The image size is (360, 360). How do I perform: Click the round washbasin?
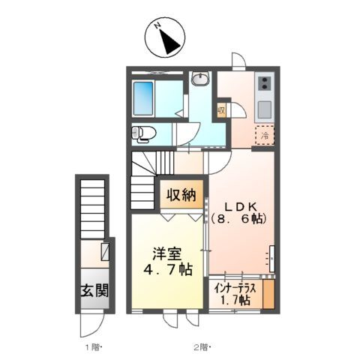click(x=200, y=80)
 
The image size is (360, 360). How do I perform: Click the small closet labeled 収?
click(x=222, y=111)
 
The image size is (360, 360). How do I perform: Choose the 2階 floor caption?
click(x=201, y=347)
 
